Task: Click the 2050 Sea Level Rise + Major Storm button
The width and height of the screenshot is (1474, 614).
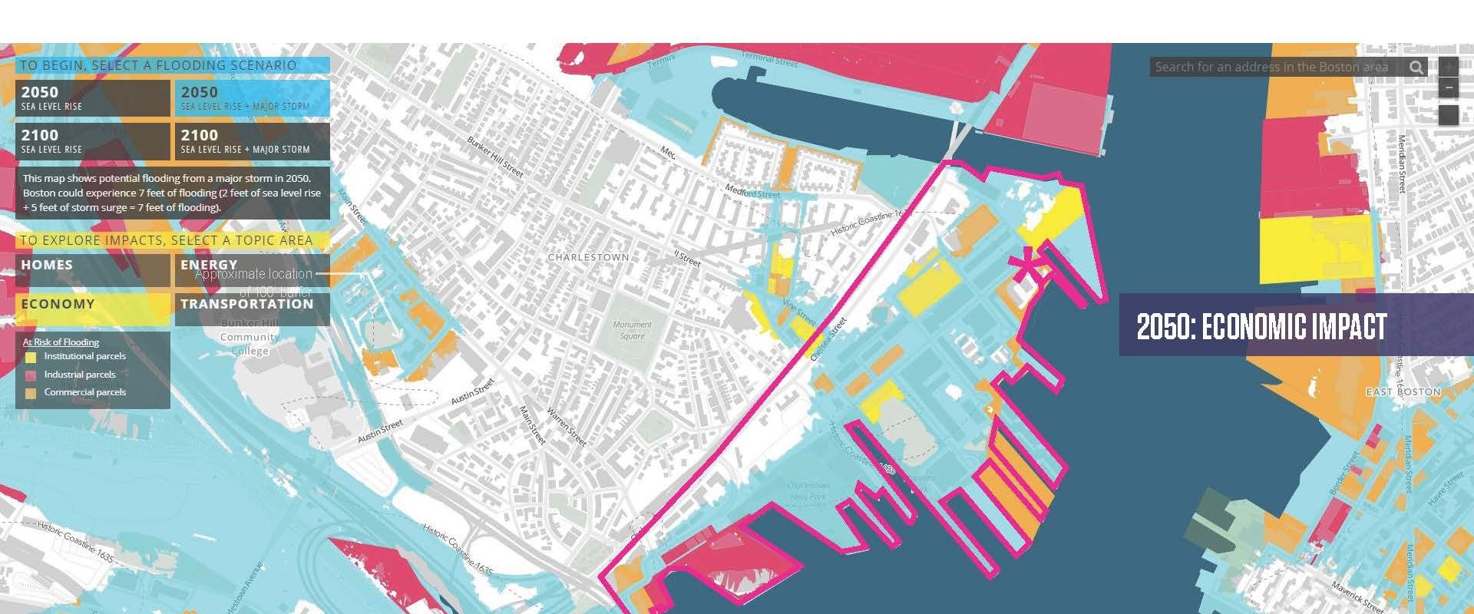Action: click(252, 98)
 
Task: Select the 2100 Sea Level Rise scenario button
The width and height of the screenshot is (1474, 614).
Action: click(92, 141)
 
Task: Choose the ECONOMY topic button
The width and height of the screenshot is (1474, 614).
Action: click(92, 309)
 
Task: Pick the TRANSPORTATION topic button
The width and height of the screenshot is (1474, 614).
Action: click(252, 309)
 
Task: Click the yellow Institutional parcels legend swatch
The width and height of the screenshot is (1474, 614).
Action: click(30, 357)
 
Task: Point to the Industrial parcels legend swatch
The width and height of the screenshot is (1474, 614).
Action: click(30, 375)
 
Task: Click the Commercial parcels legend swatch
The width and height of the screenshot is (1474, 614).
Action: click(30, 393)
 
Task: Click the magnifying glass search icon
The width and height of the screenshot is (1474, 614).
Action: click(1416, 68)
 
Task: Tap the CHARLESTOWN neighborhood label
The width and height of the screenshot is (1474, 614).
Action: click(588, 257)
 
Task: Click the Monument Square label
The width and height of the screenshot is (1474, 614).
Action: click(632, 330)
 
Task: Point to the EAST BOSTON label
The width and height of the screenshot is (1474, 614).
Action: click(1403, 391)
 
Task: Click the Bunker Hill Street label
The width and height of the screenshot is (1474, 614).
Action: click(495, 157)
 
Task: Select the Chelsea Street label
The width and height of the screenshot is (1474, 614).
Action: click(828, 339)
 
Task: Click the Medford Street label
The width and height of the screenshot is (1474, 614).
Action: click(752, 192)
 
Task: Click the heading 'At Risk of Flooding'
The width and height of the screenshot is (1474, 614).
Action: click(61, 342)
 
